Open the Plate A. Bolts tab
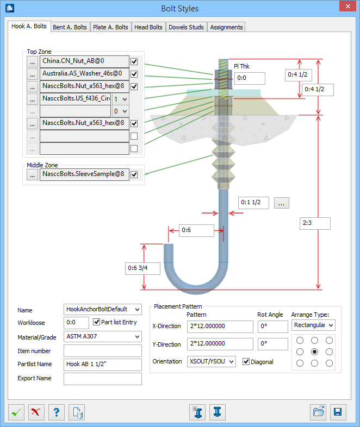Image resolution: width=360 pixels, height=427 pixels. (x=111, y=27)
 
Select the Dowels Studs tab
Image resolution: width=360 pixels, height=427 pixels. (x=185, y=27)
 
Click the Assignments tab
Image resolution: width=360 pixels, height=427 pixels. (x=226, y=27)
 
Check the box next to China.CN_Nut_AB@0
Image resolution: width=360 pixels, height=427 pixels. (x=134, y=61)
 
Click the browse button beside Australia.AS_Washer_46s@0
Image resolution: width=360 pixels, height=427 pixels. (x=33, y=74)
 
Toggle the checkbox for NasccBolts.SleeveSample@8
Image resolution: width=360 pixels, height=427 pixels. (x=134, y=174)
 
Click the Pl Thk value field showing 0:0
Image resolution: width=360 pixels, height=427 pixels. (x=250, y=78)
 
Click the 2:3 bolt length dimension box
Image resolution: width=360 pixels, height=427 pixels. (x=315, y=223)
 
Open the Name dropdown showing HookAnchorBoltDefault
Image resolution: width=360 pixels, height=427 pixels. (x=102, y=310)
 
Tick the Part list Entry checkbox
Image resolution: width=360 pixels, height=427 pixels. (x=97, y=323)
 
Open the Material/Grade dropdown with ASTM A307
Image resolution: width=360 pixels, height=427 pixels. (x=102, y=337)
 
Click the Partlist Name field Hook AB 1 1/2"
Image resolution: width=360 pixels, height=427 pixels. (x=102, y=365)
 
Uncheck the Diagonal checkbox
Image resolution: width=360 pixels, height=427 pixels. (x=246, y=362)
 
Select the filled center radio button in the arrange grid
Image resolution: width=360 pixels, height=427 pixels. (x=314, y=351)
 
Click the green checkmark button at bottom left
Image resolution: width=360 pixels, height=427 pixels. (x=17, y=412)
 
